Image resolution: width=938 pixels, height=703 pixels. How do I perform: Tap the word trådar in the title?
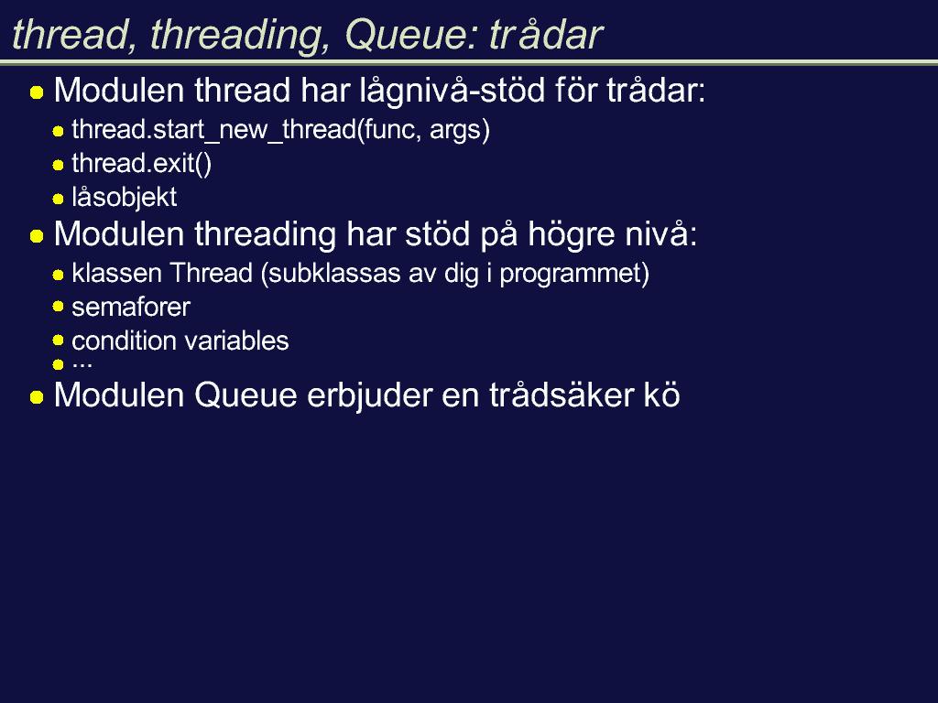click(x=546, y=34)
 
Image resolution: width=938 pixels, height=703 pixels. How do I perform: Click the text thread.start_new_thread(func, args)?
click(x=280, y=130)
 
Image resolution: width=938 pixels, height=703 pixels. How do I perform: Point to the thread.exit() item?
click(x=141, y=163)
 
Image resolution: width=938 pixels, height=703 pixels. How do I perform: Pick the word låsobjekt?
click(x=124, y=198)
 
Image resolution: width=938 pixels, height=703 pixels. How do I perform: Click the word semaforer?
click(x=130, y=308)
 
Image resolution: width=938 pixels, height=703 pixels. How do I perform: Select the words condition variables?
click(x=180, y=341)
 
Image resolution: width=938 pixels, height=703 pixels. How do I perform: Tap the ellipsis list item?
click(x=82, y=363)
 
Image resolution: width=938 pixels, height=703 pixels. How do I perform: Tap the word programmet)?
click(x=574, y=274)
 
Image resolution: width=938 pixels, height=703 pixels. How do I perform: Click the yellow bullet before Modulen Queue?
click(x=37, y=397)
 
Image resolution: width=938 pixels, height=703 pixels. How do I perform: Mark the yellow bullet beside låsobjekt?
click(x=58, y=199)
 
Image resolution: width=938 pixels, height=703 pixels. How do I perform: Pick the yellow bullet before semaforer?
click(x=58, y=307)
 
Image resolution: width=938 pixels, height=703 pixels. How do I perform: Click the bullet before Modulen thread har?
click(x=37, y=92)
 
